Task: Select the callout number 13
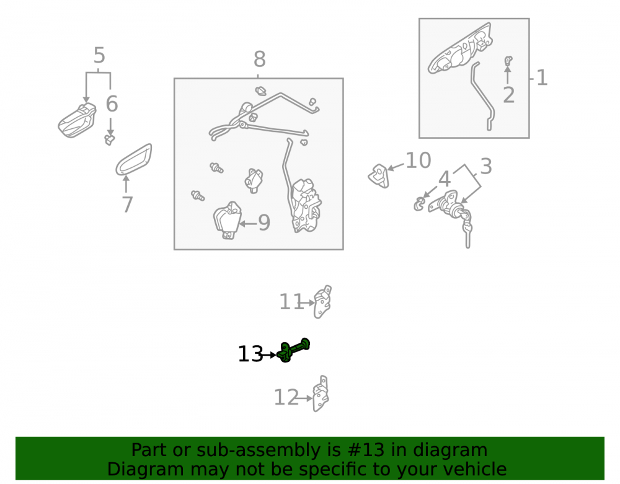coord(250,354)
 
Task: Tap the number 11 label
coord(291,302)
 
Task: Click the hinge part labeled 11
coord(322,302)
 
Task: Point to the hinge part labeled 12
coord(321,394)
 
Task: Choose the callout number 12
coord(286,397)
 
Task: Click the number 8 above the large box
coord(259,59)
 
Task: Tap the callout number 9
coord(264,223)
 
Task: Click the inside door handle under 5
coord(77,120)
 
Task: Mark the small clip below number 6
coord(110,139)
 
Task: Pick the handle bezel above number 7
coord(134,159)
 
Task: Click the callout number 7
coord(127,205)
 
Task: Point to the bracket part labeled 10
coord(379,176)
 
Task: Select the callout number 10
coord(418,161)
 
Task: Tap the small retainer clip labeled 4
coord(419,205)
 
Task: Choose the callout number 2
coord(509,95)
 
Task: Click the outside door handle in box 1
coord(460,48)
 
